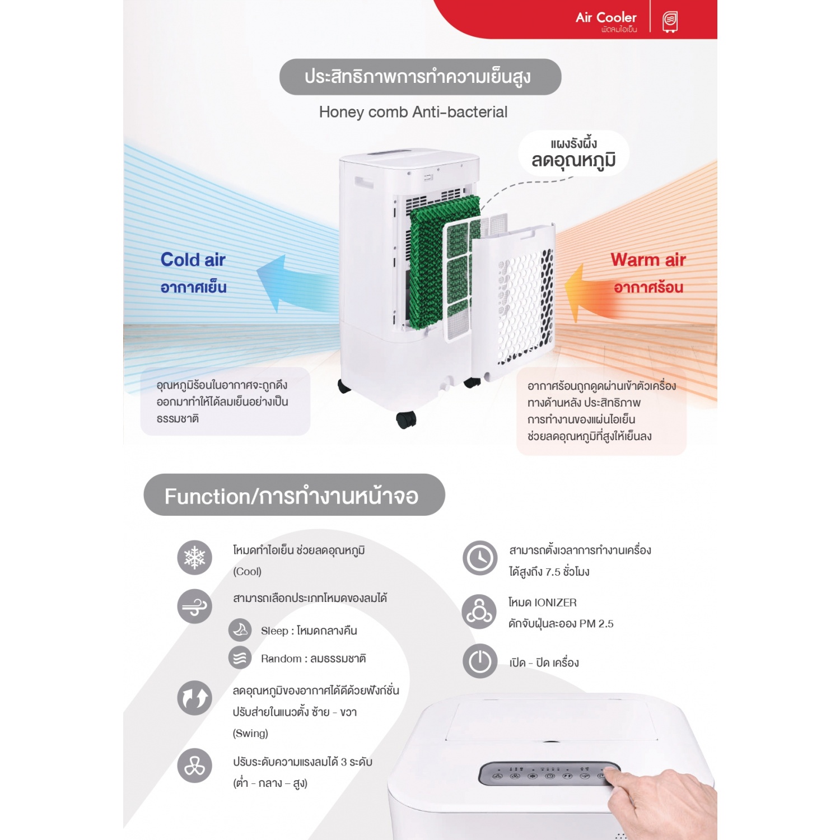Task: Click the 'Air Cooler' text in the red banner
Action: (606, 18)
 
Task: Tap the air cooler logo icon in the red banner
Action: (670, 21)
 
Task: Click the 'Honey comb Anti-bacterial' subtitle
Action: (413, 112)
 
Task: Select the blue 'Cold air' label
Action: (193, 260)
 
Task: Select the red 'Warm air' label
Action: (648, 260)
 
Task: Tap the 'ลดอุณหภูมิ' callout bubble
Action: (573, 153)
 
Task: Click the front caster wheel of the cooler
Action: (406, 419)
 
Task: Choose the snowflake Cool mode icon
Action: (194, 558)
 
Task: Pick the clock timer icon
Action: (480, 558)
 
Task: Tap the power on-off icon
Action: (480, 661)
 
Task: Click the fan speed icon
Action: (194, 766)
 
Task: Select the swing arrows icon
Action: (194, 698)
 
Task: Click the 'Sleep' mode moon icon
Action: (240, 629)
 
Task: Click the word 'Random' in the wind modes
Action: (281, 659)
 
